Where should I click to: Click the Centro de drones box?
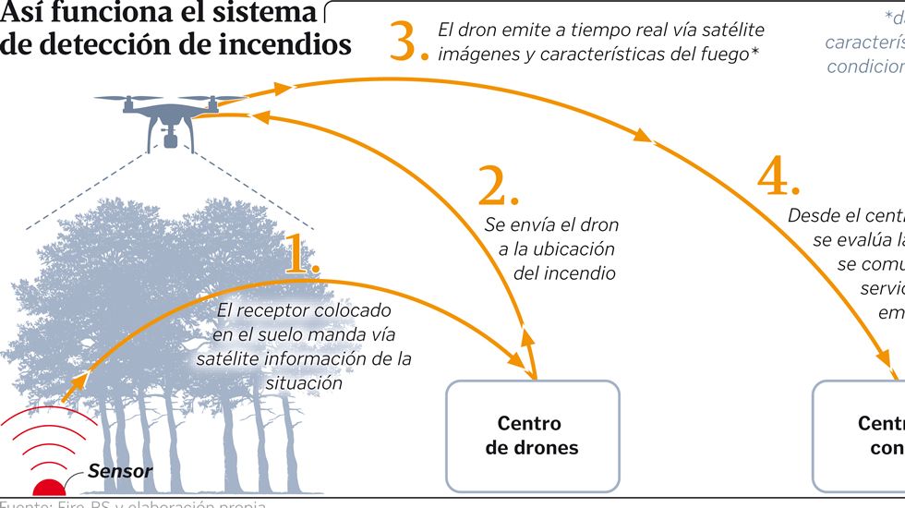pyautogui.click(x=532, y=436)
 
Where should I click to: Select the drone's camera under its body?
pyautogui.click(x=170, y=140)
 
